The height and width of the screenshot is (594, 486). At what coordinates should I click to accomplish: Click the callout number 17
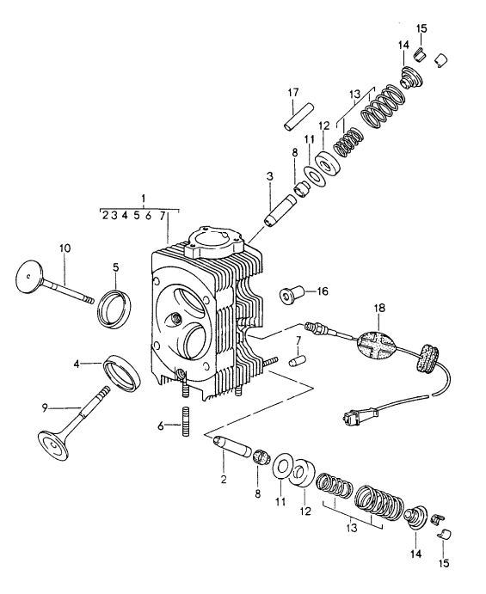(292, 93)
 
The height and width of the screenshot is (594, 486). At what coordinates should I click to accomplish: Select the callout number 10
(66, 248)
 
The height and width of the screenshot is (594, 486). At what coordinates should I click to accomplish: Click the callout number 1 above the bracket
(144, 198)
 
